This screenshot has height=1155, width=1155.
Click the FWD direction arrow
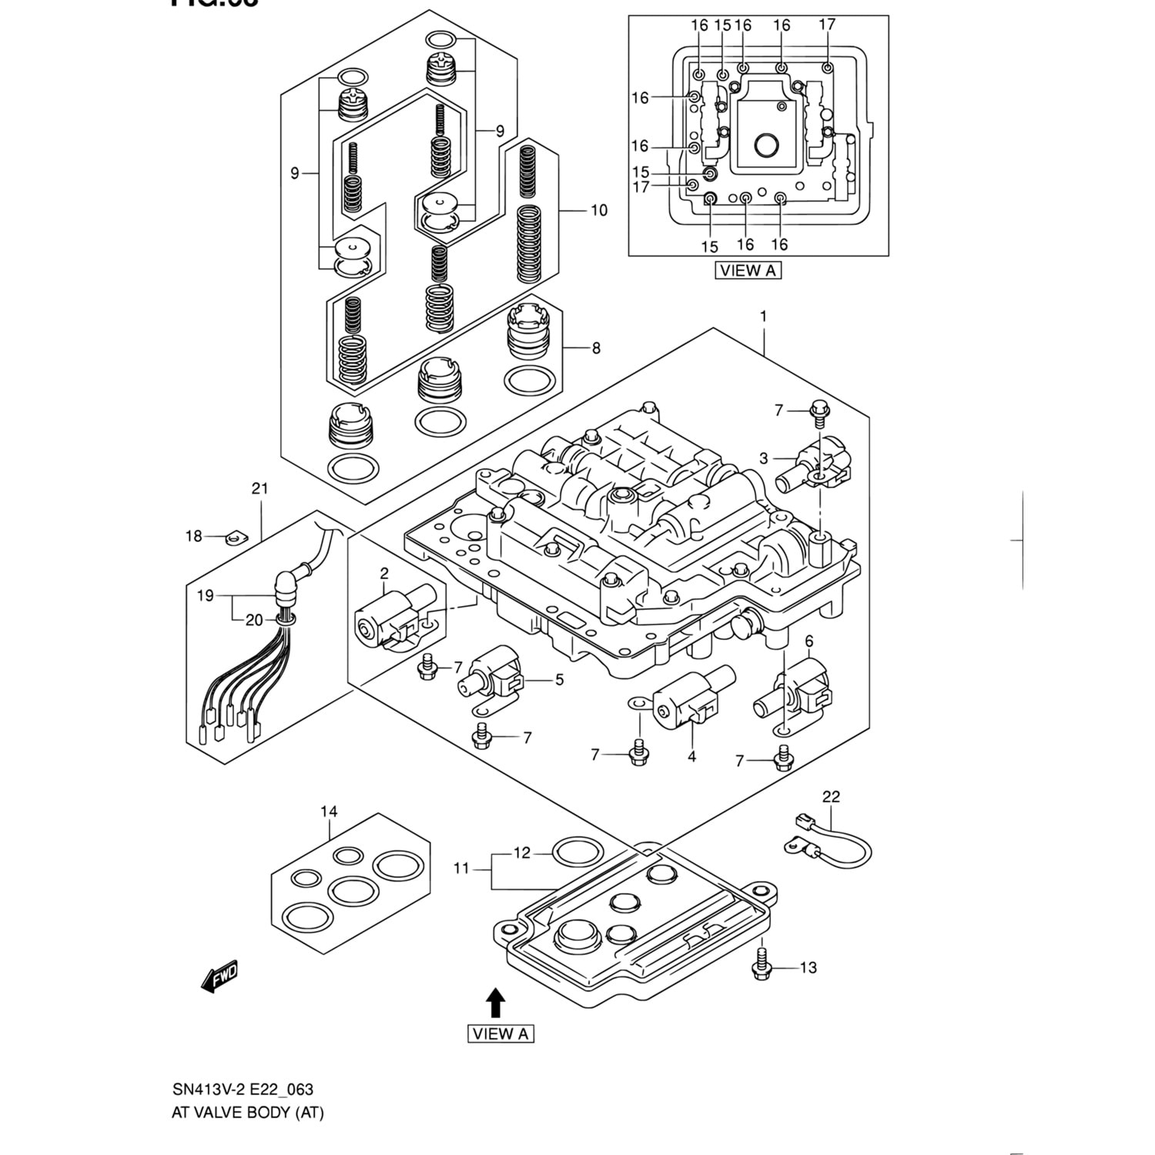pos(219,976)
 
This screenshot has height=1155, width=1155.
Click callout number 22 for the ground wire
pos(831,797)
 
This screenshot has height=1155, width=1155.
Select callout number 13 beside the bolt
pos(808,968)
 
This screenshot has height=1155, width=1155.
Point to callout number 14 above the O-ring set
pos(329,812)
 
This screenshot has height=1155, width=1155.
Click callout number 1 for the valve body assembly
pos(763,316)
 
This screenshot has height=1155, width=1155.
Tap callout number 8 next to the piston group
pos(596,348)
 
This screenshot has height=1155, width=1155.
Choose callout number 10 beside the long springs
pos(598,210)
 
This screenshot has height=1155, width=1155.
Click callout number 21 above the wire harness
pos(259,488)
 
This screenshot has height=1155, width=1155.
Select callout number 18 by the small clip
pos(192,536)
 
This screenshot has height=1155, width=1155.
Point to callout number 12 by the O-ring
pos(522,853)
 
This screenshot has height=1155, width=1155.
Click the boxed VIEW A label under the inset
pos(748,270)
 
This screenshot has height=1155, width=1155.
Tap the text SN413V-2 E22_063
pos(243,1090)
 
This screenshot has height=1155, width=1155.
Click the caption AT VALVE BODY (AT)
pos(248,1113)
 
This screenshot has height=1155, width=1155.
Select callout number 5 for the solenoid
pos(559,679)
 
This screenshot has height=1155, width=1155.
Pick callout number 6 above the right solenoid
pos(808,641)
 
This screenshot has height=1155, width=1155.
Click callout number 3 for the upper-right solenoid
pos(763,459)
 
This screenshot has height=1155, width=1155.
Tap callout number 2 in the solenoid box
pos(383,573)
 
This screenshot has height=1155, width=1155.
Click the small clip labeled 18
pos(233,537)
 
